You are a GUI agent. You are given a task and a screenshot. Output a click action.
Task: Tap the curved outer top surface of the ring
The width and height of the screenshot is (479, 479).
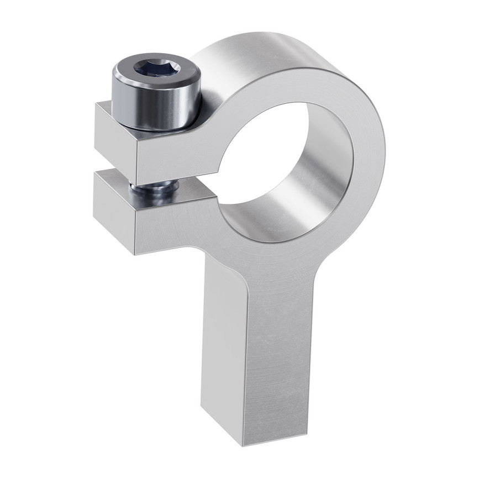coord(265,50)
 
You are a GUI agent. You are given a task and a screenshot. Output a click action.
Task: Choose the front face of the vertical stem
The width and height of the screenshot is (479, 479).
coord(276,359)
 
